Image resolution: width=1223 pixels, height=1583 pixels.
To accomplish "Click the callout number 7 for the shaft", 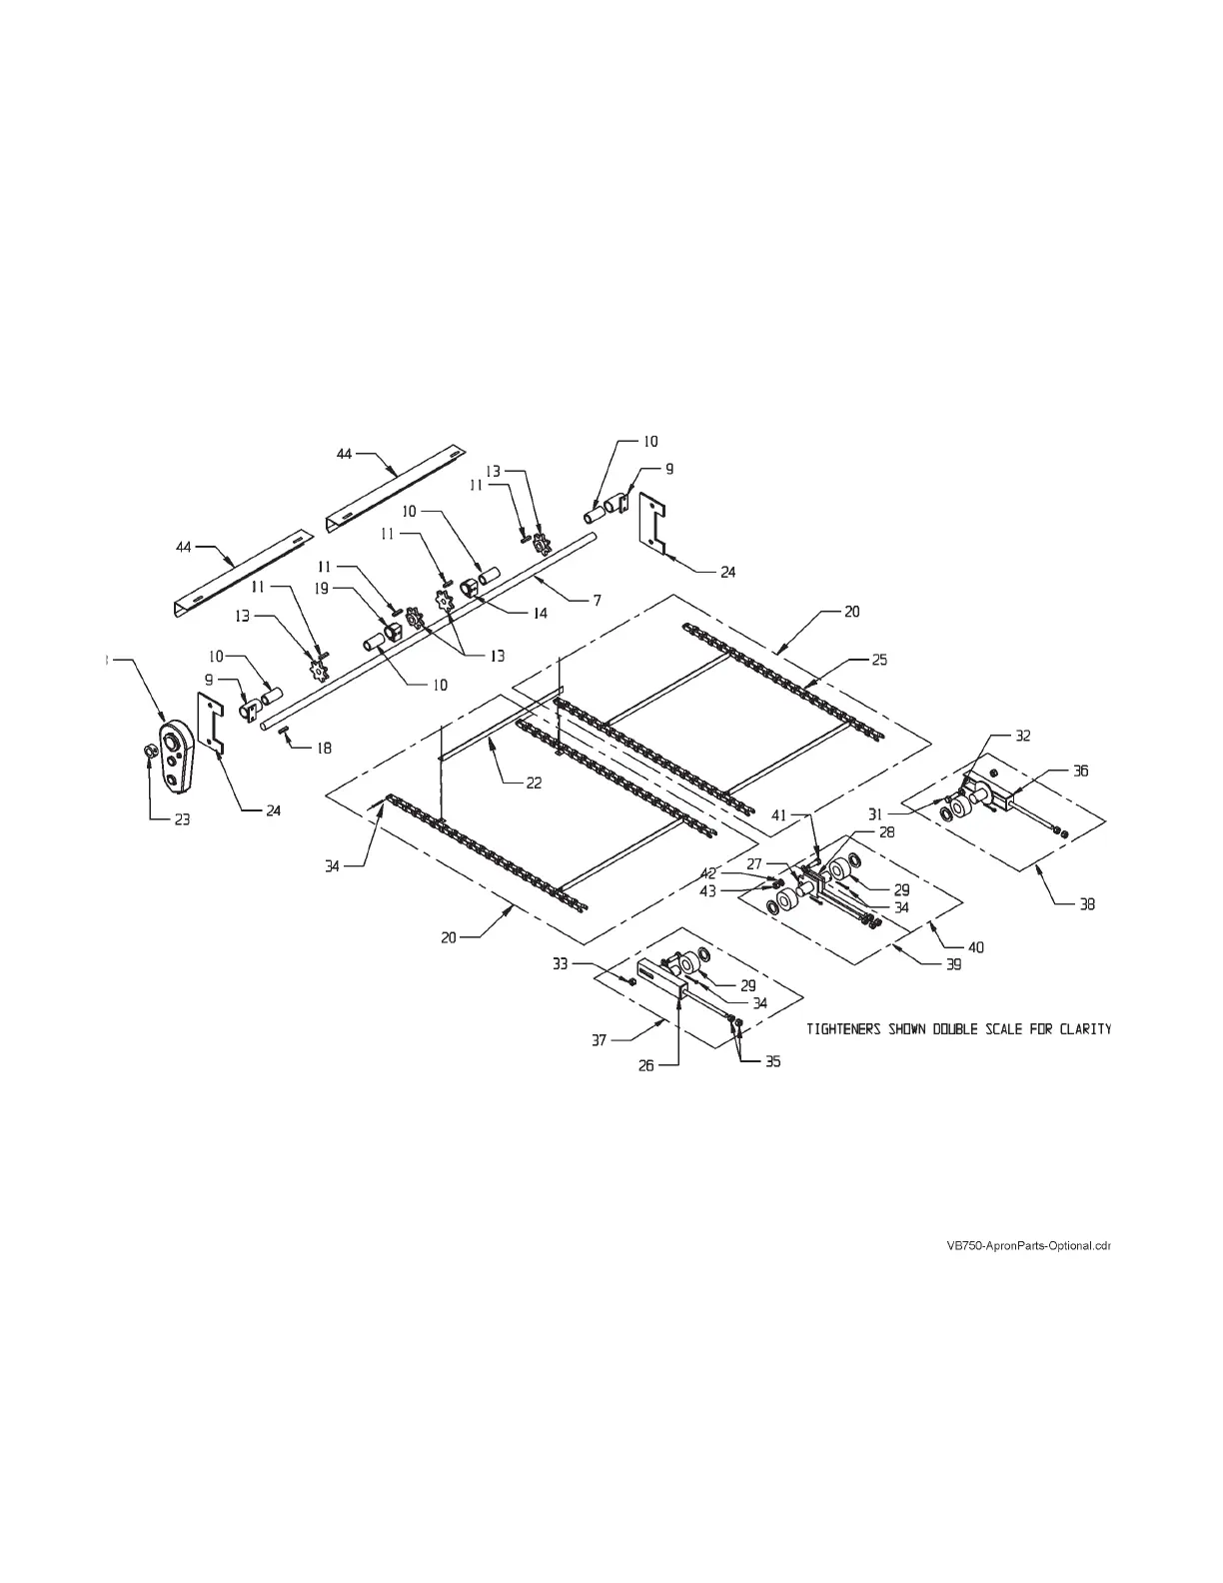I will pyautogui.click(x=597, y=601).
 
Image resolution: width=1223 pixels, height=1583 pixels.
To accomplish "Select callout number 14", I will pyautogui.click(x=539, y=614).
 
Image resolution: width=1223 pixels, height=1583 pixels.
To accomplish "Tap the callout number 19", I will pyautogui.click(x=322, y=590).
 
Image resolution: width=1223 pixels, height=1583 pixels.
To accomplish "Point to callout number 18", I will pyautogui.click(x=324, y=748).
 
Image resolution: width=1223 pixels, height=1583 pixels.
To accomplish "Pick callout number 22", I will pyautogui.click(x=534, y=784).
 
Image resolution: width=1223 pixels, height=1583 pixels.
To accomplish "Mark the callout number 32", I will pyautogui.click(x=1022, y=736).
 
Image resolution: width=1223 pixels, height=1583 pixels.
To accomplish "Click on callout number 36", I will pyautogui.click(x=1080, y=771).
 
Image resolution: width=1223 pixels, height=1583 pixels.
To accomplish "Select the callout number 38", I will pyautogui.click(x=1087, y=904).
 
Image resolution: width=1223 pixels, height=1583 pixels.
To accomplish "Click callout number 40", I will pyautogui.click(x=976, y=946).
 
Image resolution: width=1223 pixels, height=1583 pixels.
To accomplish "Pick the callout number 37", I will pyautogui.click(x=599, y=1040).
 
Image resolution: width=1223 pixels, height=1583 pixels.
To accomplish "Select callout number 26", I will pyautogui.click(x=646, y=1066).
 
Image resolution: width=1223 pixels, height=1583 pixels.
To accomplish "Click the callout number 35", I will pyautogui.click(x=772, y=1062).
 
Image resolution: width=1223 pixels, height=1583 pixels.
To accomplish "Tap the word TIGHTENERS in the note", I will pyautogui.click(x=843, y=1029).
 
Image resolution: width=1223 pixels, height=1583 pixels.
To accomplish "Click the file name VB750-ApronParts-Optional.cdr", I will pyautogui.click(x=1028, y=1246).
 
